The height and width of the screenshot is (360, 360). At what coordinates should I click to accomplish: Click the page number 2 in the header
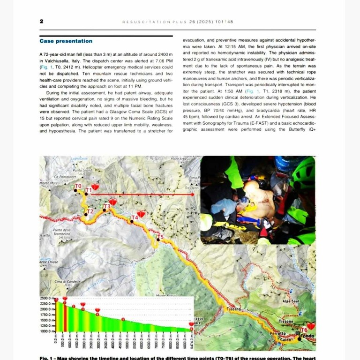(42, 22)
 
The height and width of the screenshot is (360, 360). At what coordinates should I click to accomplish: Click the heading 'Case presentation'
(66, 41)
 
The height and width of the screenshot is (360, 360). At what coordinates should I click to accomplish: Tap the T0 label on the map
(78, 186)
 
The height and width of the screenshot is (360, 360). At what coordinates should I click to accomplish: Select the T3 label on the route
(107, 206)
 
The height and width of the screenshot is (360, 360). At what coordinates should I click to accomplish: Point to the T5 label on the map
(160, 237)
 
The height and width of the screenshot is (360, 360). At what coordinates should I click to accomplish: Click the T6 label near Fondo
(304, 330)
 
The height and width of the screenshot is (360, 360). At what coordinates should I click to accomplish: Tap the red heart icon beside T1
(95, 187)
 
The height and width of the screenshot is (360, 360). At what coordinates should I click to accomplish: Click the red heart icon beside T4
(141, 214)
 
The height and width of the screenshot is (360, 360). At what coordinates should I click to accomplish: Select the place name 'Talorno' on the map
(234, 309)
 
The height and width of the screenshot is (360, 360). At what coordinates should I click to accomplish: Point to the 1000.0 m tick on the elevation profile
(46, 331)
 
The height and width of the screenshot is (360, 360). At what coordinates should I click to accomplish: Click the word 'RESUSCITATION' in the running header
(141, 22)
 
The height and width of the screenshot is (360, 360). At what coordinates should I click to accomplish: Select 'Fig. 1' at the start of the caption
(47, 358)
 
